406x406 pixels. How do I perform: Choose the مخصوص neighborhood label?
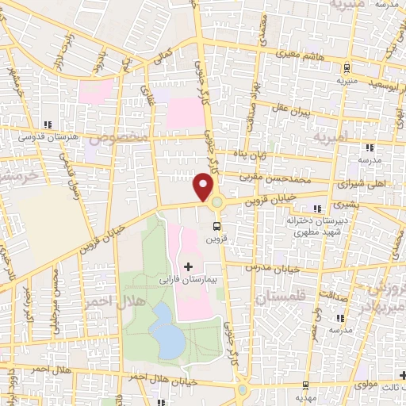coord(117,138)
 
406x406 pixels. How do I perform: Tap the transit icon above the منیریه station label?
coord(348,68)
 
